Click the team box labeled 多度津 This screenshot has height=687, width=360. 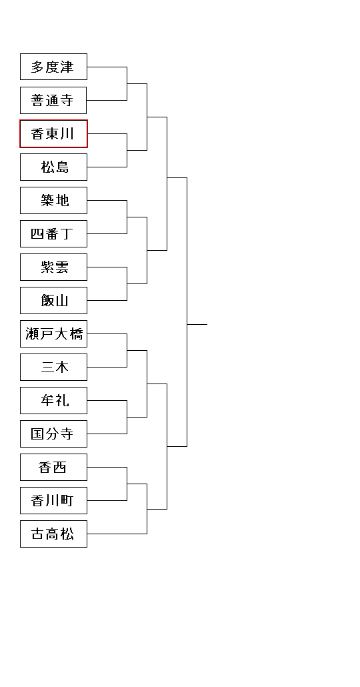point(53,67)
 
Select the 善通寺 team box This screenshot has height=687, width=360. point(53,100)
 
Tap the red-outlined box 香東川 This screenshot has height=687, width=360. point(53,133)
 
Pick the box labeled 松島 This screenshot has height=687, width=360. point(53,167)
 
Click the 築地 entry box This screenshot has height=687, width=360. point(53,200)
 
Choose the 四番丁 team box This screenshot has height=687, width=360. point(53,233)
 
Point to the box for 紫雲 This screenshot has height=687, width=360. point(53,267)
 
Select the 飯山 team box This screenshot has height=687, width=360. point(53,300)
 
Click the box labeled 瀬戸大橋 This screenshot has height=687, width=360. point(53,334)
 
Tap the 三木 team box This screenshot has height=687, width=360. point(53,367)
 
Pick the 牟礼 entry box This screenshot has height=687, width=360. point(53,400)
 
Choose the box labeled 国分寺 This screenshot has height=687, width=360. point(53,434)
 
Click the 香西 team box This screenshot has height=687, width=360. point(53,467)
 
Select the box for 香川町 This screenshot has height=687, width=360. point(53,500)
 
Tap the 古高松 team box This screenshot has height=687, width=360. point(53,534)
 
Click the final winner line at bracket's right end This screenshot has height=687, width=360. point(197,325)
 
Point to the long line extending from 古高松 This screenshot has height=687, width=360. point(117,534)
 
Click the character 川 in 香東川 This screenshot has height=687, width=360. point(67,133)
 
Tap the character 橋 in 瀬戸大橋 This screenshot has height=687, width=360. point(76,334)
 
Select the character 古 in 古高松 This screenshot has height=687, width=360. point(37,534)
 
